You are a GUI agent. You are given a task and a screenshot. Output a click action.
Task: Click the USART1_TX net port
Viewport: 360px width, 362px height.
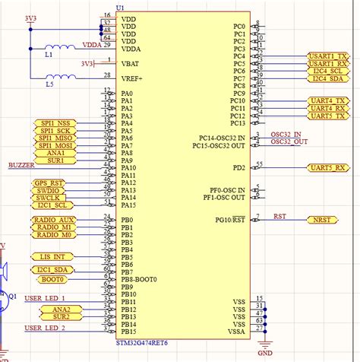coord(328,56)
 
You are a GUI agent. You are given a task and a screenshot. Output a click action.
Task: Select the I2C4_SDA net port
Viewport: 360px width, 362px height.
coord(328,78)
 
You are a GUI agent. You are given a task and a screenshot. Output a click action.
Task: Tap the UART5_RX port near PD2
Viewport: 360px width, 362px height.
coord(328,167)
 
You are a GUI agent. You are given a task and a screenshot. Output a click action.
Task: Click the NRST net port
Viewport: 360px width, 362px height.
coord(322,220)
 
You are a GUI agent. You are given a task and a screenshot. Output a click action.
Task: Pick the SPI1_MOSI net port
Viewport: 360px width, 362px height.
coord(55,145)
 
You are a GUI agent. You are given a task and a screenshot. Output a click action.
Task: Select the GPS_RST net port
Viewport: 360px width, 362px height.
coord(49,183)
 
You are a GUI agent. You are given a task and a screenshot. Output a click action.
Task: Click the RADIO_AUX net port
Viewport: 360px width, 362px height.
coord(54,220)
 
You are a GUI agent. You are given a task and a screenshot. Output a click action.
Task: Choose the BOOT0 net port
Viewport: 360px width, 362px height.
coord(50,279)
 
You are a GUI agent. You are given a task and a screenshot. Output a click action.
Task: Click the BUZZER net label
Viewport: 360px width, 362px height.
coord(21,165)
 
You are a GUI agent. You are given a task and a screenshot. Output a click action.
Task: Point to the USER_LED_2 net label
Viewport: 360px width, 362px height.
coord(45,328)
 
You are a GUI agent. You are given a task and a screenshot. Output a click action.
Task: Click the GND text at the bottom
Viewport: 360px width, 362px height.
coord(265,353)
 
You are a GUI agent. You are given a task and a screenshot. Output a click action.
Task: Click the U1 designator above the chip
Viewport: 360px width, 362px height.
coord(120,7)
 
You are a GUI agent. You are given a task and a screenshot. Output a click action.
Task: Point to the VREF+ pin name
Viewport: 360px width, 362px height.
coord(132,78)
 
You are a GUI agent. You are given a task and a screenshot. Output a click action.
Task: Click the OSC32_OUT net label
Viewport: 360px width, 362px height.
coord(290,141)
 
